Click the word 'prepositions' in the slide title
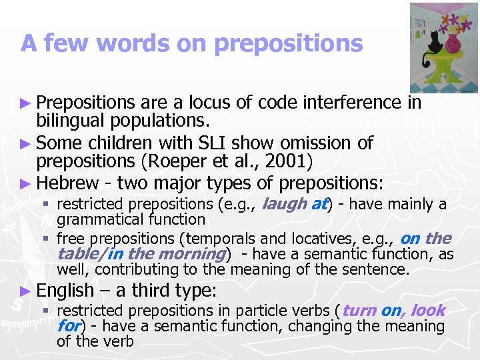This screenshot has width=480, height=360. pos(289,43)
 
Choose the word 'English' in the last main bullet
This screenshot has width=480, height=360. pos(65,290)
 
